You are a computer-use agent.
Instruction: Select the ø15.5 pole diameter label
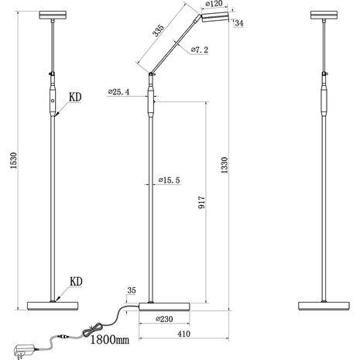pos(168,180)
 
